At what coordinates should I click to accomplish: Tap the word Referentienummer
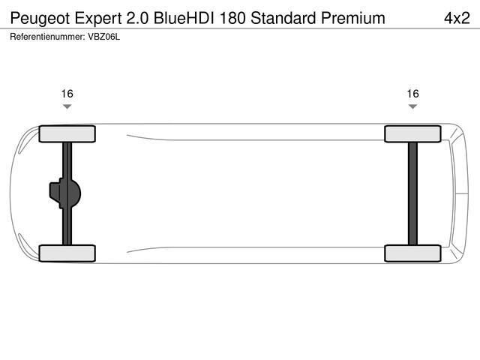(47, 36)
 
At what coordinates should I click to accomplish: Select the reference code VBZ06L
(103, 36)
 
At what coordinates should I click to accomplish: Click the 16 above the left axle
(67, 94)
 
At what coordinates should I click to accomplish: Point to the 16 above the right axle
(412, 94)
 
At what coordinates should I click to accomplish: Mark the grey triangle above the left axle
(67, 107)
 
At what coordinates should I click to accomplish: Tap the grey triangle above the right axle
(412, 107)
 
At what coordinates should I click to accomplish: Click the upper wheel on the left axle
(67, 134)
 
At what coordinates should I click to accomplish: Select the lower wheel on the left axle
(67, 253)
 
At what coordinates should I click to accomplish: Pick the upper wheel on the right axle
(412, 134)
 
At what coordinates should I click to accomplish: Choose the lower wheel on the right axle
(412, 253)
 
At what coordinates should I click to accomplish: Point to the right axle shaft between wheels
(412, 193)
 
